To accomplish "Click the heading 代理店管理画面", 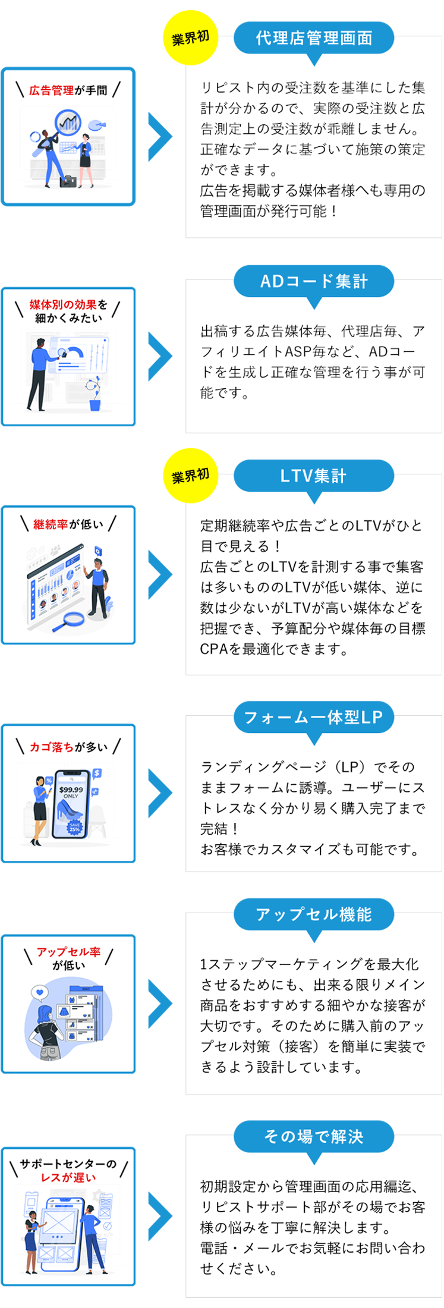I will (314, 38).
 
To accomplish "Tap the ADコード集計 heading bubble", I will (314, 281).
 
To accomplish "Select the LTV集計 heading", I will (314, 476).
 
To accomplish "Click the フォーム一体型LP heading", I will (314, 717).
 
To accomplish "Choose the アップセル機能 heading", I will (314, 914).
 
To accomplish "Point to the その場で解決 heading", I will (314, 1136).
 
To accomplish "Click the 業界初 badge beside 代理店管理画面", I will (190, 39).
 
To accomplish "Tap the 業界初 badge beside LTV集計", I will (190, 476).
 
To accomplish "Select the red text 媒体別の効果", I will (63, 305).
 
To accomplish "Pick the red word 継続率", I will (51, 524).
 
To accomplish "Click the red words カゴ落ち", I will (52, 747).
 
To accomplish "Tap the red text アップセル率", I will (68, 952).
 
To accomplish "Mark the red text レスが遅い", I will (68, 1178).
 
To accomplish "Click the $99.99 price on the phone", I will (71, 790).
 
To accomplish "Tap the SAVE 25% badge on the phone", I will (74, 827).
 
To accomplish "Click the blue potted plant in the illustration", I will (95, 396).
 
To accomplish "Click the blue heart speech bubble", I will (40, 992).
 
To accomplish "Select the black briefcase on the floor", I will (68, 181).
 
